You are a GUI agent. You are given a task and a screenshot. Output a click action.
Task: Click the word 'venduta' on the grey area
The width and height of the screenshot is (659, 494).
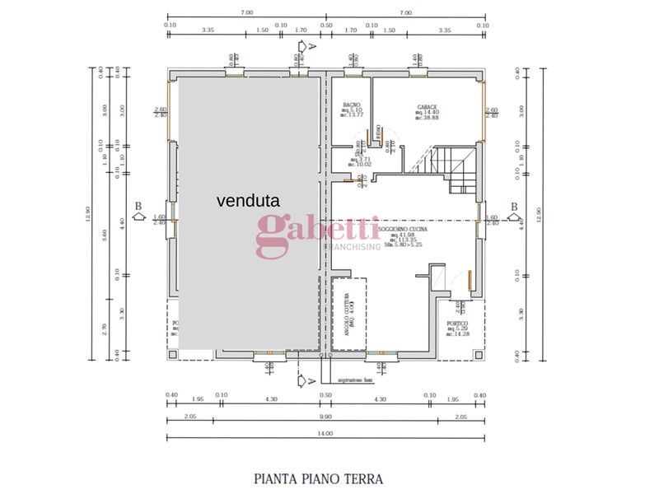point(249,200)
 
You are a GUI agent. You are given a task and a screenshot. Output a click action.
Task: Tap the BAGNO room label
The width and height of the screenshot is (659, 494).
point(353,105)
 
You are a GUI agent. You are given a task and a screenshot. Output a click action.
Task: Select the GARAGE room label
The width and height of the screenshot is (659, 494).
point(426,107)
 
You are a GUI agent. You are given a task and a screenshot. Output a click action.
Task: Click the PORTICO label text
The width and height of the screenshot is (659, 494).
point(457,324)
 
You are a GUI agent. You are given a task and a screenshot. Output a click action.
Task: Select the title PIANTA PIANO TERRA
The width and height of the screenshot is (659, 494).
point(318,478)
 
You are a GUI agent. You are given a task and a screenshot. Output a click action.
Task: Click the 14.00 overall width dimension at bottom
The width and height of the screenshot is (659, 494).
point(325,433)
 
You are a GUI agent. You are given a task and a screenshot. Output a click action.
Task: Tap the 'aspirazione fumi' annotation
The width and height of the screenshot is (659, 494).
point(355,380)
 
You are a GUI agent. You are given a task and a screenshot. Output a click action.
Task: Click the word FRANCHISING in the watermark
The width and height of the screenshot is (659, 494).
point(354,246)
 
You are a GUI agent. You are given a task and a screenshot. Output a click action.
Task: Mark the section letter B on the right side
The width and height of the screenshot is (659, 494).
point(513,206)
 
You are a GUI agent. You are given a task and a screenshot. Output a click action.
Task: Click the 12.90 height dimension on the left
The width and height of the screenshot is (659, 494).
point(88,214)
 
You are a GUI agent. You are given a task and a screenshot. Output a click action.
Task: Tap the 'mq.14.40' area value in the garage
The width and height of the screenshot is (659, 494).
point(427,113)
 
